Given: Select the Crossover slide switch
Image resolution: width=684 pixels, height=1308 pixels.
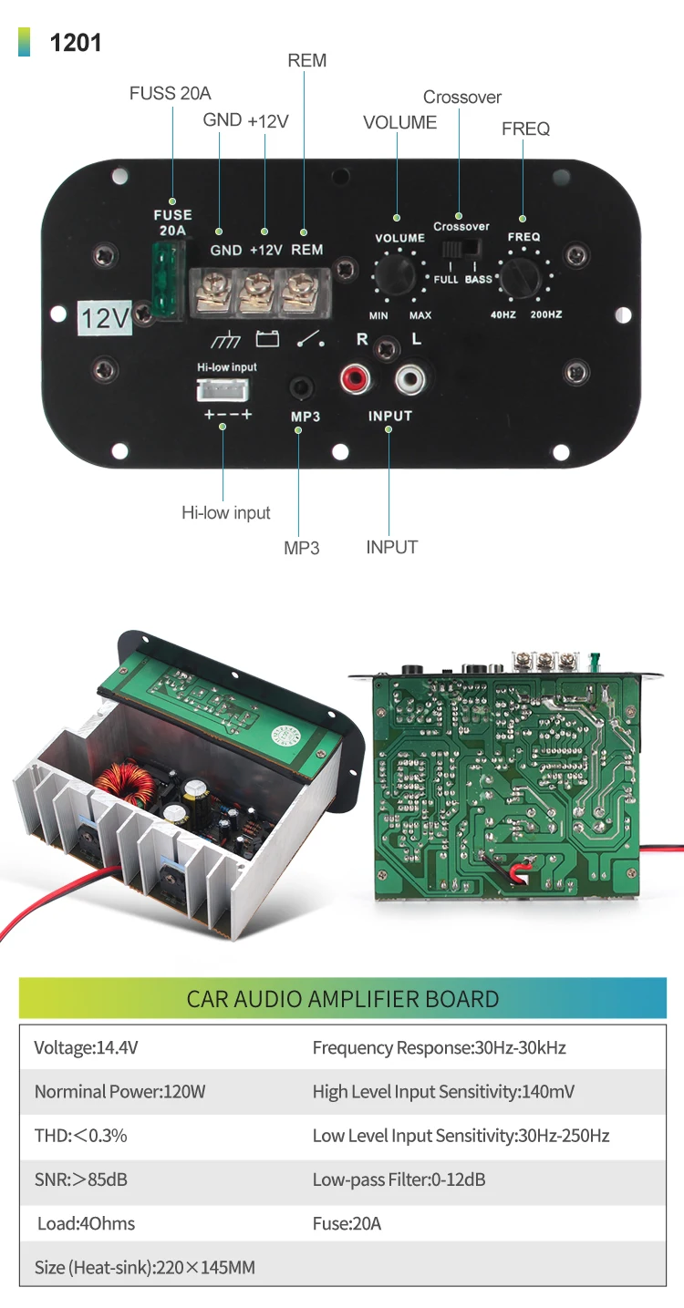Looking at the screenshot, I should [x=461, y=249].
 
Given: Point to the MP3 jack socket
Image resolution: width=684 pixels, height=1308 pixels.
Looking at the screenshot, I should [x=301, y=388].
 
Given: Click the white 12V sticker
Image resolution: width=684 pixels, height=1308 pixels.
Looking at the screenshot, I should [x=105, y=316].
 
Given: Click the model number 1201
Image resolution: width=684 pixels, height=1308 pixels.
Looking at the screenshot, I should [x=76, y=43].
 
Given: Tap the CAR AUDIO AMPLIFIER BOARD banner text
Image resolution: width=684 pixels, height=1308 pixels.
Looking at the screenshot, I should [x=342, y=998].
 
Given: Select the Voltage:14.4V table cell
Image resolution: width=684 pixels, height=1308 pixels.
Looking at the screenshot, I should [x=86, y=1048].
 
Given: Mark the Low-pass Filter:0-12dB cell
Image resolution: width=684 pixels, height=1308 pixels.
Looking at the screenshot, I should [x=399, y=1179].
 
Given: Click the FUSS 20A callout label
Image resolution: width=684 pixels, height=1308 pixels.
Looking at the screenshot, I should [x=170, y=93].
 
